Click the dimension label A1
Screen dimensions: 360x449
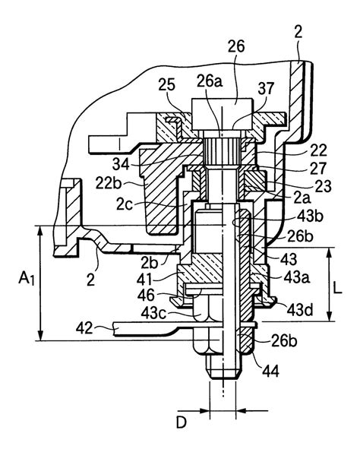point(27,278)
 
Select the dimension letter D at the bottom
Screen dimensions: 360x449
point(182,422)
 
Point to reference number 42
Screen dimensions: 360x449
point(85,328)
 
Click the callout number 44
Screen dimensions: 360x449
point(270,371)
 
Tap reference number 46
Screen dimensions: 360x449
point(146,295)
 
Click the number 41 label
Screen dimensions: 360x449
point(146,279)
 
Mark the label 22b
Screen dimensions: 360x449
point(108,184)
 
